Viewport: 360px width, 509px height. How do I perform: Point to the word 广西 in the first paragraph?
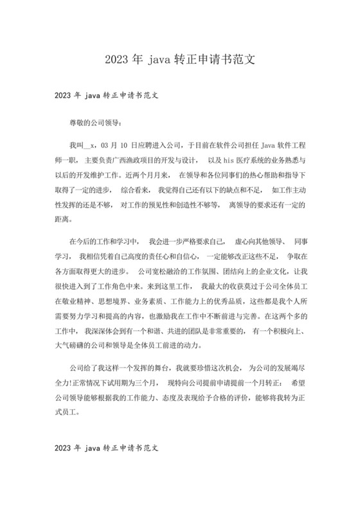pyautogui.click(x=123, y=159)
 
